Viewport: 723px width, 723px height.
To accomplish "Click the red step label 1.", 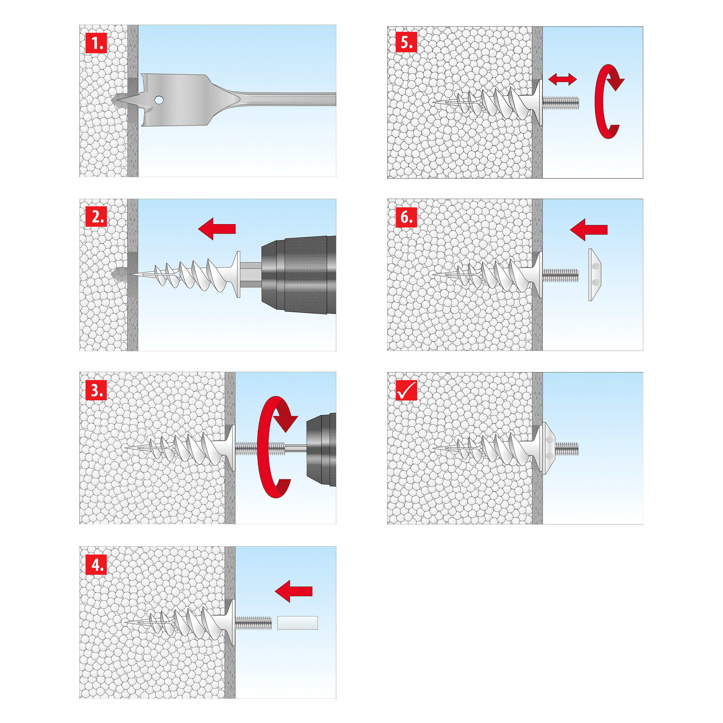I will click(x=96, y=43).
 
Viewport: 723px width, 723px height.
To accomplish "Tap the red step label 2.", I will click(x=96, y=217).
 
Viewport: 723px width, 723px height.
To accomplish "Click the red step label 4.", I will click(x=96, y=564).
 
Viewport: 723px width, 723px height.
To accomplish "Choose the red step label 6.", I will click(x=406, y=217).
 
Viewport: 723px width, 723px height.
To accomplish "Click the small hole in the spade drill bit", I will click(x=159, y=100).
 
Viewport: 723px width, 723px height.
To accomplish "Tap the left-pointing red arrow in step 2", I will click(x=217, y=229).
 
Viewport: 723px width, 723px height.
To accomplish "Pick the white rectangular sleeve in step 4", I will click(x=297, y=623).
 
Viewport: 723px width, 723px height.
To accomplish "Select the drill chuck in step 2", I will click(x=299, y=274).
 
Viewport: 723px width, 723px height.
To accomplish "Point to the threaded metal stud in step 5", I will click(x=561, y=102).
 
